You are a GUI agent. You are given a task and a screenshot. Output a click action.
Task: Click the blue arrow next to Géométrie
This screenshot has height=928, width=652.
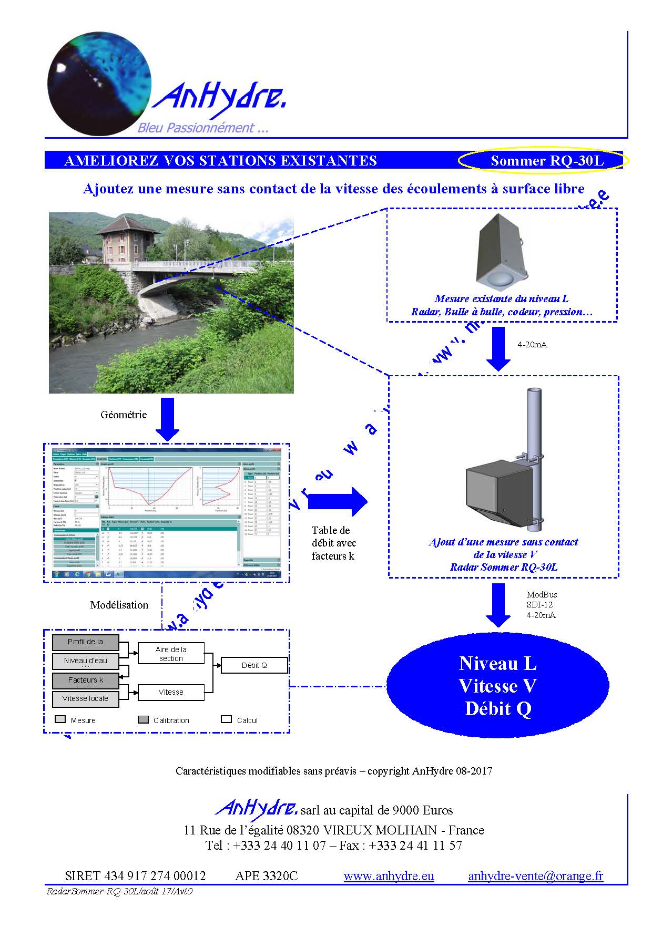pos(168,419)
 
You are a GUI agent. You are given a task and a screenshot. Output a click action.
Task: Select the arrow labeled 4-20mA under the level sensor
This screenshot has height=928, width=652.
pos(498,348)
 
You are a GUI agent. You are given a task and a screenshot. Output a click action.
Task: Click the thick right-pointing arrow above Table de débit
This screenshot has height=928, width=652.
pos(337,501)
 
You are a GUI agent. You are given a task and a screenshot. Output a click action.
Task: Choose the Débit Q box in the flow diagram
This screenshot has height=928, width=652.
pos(254,665)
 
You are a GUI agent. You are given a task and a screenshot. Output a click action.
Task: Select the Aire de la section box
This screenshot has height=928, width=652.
pos(170,654)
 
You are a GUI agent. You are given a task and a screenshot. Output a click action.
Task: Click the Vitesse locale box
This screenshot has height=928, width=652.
pos(85,698)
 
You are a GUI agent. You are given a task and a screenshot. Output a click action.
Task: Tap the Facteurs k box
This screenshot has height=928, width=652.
pos(85,680)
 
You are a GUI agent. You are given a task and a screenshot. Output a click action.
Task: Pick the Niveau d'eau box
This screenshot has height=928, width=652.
pos(85,661)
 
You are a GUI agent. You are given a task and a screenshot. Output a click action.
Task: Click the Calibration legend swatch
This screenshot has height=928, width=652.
pos(143,719)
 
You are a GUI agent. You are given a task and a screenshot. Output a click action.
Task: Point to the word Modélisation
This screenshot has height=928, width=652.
pos(119,605)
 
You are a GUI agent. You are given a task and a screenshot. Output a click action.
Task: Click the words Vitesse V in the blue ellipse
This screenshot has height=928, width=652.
pos(497,686)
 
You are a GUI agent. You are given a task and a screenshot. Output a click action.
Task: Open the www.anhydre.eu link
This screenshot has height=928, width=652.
pos(389,876)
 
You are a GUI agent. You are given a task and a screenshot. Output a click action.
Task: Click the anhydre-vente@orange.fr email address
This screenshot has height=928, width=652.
pos(535,876)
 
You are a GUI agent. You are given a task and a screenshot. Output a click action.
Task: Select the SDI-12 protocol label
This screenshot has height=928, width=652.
pos(539,605)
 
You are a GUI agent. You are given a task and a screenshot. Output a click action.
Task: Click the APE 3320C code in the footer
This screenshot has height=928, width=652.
pos(266,876)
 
